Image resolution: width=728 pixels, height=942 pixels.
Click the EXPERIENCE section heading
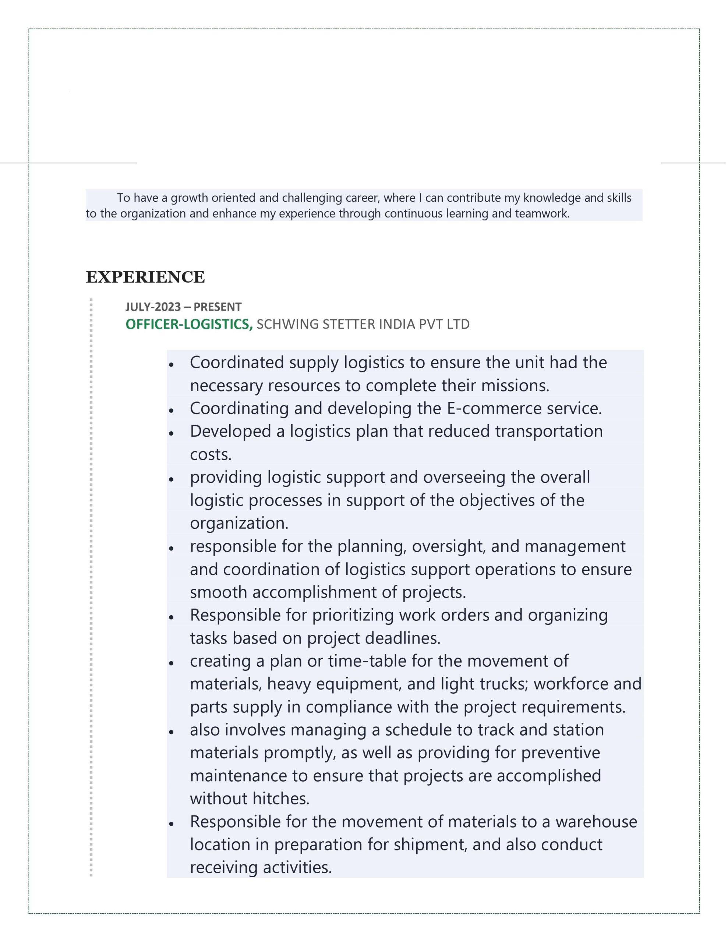tap(145, 277)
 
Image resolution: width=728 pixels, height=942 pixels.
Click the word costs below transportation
tap(211, 454)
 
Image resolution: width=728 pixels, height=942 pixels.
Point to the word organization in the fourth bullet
tap(238, 523)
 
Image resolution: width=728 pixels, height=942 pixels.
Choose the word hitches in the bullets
tap(280, 799)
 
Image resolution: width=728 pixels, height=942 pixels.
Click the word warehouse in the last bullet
tap(596, 822)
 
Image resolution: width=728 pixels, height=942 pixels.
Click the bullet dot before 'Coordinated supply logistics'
tap(171, 364)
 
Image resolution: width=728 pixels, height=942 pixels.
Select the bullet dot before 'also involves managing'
tap(171, 732)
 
